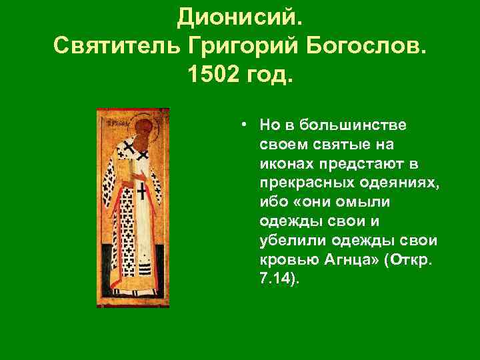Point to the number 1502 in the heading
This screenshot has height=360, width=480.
pos(215,79)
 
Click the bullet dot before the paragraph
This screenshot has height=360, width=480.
pos(245,125)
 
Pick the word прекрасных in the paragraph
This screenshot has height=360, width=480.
pos(307,183)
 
